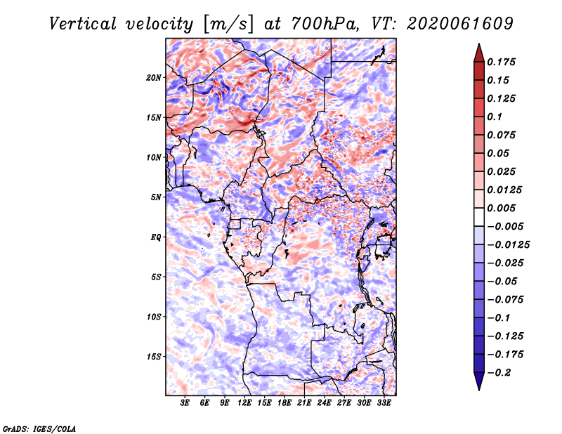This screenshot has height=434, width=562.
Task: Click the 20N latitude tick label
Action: [154, 78]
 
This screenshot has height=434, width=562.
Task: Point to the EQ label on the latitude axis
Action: [156, 237]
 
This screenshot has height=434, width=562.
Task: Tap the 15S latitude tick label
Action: [154, 357]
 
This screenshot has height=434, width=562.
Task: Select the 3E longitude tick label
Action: [185, 403]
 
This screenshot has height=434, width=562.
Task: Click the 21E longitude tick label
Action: [304, 403]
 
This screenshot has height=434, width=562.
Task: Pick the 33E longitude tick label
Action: [384, 403]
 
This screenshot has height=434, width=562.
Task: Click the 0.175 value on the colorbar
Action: [501, 62]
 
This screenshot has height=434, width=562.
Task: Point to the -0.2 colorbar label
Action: [499, 373]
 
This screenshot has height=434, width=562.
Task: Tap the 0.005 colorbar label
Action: [501, 208]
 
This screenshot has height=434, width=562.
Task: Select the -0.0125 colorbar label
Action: [508, 245]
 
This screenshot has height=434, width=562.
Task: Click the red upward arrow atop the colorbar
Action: [479, 53]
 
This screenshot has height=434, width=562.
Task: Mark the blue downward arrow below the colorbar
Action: [479, 381]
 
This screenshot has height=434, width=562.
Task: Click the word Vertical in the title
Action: [83, 24]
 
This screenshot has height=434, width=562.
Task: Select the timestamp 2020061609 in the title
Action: [460, 24]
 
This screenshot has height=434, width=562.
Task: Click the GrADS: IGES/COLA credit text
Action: [39, 428]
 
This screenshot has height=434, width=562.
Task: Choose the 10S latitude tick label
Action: [154, 317]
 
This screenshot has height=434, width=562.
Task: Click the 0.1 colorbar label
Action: [495, 117]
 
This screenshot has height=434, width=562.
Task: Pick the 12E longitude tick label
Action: [244, 403]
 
